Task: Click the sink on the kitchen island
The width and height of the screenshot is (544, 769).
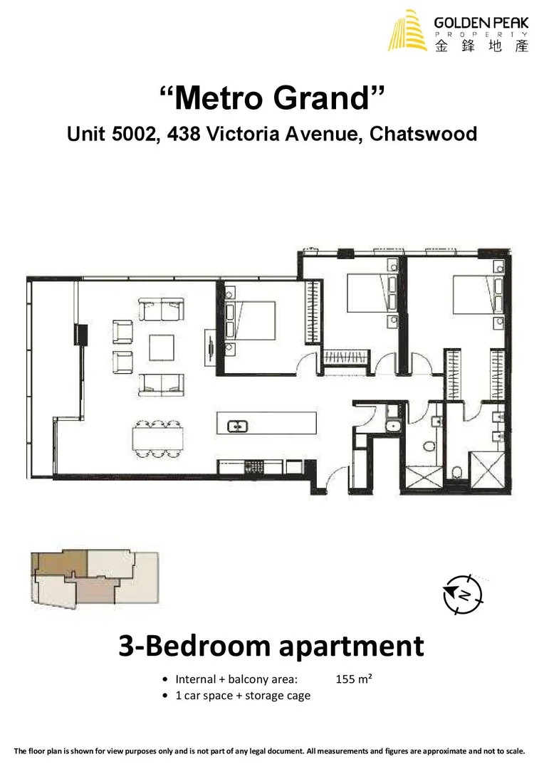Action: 236,427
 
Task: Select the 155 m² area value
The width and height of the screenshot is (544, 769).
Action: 354,679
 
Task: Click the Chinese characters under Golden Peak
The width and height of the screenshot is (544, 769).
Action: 481,45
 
